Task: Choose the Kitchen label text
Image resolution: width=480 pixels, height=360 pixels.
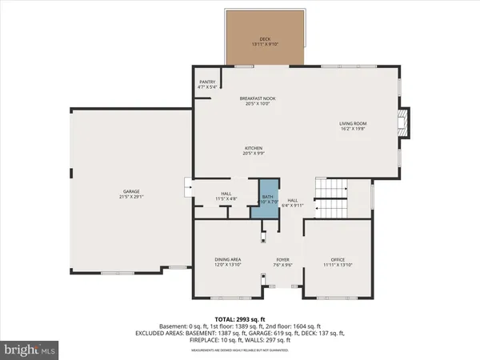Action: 254,148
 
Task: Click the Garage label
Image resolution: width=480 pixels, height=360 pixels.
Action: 131,192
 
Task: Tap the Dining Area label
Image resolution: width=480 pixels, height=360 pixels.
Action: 228,259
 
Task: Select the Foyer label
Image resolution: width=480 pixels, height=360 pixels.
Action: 282,259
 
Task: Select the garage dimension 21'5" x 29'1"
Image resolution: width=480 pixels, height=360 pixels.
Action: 132,198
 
